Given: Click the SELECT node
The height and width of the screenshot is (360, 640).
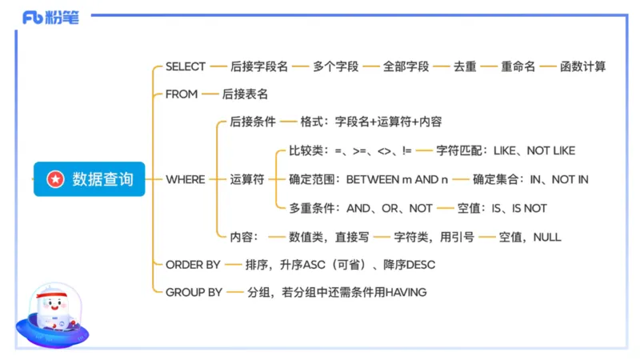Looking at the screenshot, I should coord(186,66).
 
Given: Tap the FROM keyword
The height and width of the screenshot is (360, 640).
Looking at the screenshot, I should coord(182,94).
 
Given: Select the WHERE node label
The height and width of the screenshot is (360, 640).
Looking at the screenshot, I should coord(186,179).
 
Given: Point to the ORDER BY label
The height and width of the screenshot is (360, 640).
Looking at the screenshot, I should coord(193,264).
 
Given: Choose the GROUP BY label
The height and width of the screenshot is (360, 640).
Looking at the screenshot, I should coord(194,292).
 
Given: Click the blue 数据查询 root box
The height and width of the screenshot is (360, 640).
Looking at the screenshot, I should coord(89,179).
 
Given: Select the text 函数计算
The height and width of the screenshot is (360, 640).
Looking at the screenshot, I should coord(583,66).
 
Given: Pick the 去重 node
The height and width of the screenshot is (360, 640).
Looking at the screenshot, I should coord(465,66).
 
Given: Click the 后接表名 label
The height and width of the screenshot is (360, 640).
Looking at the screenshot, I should coord(245,94).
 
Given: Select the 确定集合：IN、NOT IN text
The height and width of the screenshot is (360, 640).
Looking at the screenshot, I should coord(530,179).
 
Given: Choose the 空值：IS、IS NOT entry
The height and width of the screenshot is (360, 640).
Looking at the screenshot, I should coord(502,208).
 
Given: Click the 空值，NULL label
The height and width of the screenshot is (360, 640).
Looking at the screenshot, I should coord(530,237).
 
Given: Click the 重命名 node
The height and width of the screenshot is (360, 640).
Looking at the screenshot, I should coord(518,66).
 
